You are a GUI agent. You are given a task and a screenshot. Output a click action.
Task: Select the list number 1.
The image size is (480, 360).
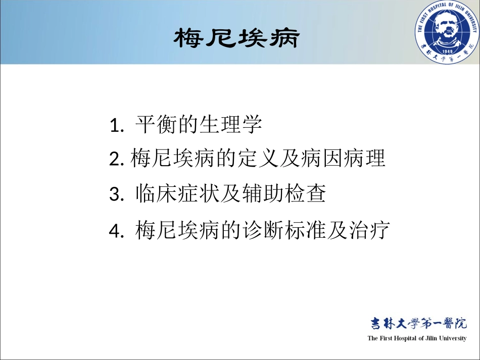click(x=116, y=126)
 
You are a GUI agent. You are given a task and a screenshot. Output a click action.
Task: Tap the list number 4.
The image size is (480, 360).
click(x=116, y=232)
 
